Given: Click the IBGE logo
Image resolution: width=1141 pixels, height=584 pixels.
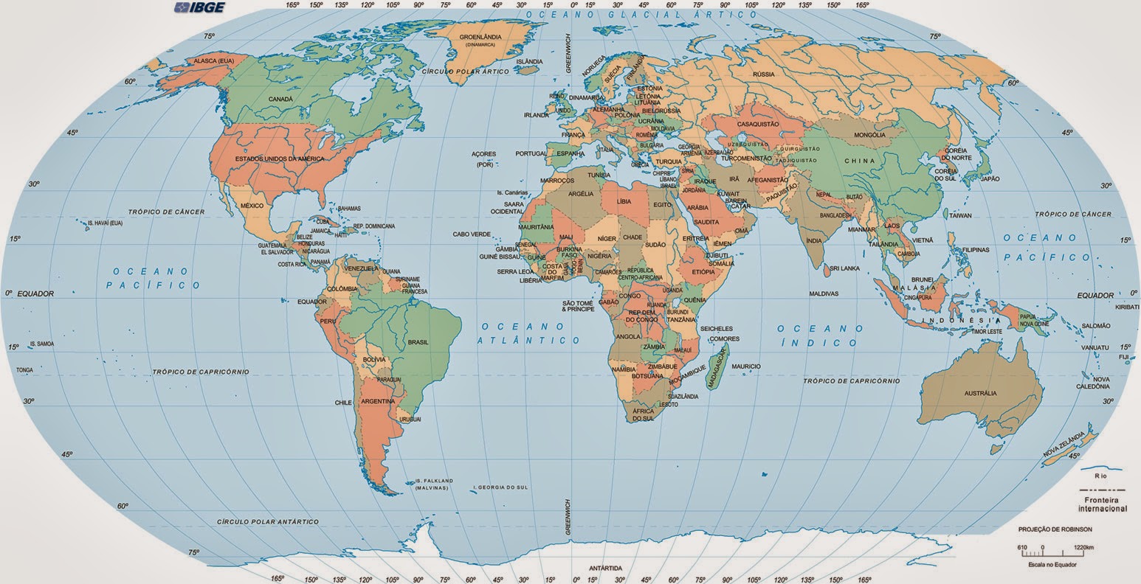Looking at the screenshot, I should click(199, 8).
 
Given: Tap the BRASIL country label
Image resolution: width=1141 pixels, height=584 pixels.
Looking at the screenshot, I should click(418, 342).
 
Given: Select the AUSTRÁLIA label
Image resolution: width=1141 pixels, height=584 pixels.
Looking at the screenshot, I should click(980, 393).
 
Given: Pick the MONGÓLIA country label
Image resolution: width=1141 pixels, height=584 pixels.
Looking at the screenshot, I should click(869, 135).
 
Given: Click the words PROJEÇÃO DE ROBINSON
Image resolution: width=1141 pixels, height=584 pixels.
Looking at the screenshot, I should click(1055, 529).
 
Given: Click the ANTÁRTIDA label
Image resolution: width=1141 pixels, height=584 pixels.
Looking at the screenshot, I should click(604, 569).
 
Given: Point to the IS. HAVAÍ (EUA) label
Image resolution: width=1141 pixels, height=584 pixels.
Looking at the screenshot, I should click(105, 223).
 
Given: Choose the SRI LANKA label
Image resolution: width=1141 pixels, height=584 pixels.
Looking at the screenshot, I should click(844, 268).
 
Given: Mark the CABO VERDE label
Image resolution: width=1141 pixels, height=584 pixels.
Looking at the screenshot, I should click(472, 234).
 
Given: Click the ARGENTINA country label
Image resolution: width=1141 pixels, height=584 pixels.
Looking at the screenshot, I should click(376, 402).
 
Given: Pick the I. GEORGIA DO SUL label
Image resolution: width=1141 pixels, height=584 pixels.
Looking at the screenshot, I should click(501, 487).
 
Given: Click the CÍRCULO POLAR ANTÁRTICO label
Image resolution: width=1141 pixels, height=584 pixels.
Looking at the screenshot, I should click(268, 521).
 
